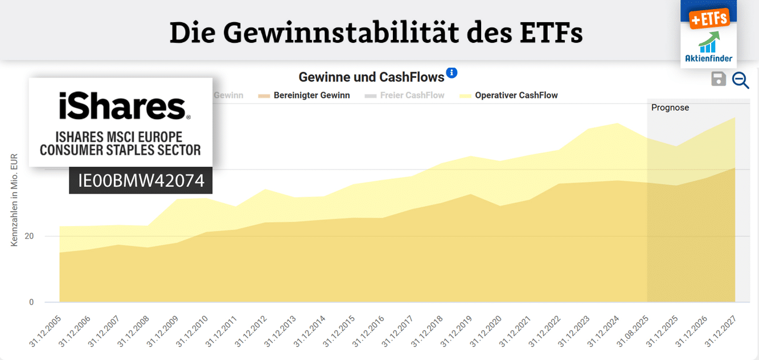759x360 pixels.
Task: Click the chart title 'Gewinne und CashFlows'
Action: (x=371, y=77)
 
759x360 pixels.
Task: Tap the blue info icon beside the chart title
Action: (x=452, y=72)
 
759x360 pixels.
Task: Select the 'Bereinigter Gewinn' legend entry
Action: (x=311, y=95)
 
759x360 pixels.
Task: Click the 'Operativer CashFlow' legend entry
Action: (x=516, y=95)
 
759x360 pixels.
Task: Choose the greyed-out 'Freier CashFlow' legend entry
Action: (x=412, y=95)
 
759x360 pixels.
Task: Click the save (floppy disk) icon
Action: (x=719, y=79)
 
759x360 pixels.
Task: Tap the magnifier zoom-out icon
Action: (x=740, y=80)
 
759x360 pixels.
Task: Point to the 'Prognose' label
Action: (x=670, y=107)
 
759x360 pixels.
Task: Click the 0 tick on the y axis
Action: (x=32, y=302)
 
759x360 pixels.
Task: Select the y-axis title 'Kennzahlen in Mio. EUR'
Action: (x=14, y=200)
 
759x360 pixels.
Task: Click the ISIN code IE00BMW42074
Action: (x=141, y=181)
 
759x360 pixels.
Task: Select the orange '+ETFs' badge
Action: (x=709, y=18)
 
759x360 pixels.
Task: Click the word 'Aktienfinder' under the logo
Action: (x=709, y=58)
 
